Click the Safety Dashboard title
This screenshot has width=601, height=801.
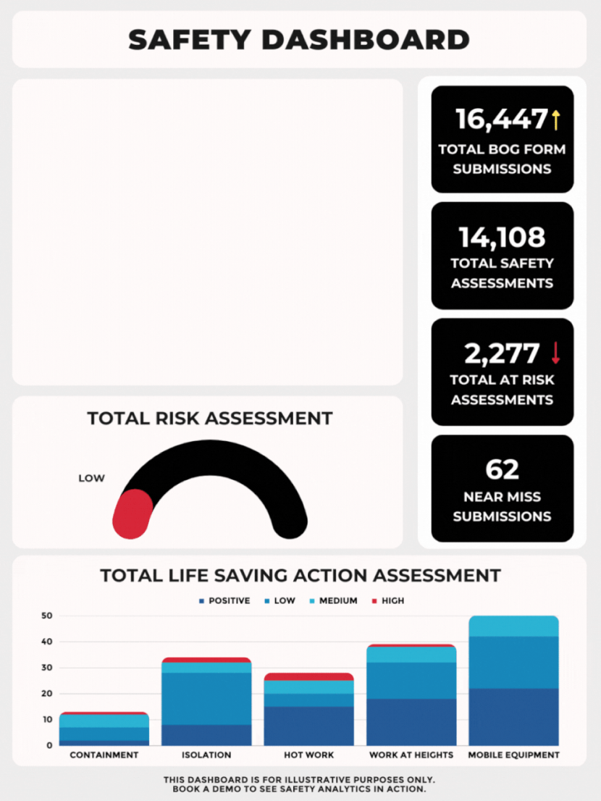(x=299, y=40)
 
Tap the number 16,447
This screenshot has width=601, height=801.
(x=501, y=119)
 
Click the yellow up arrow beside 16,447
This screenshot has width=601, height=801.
(x=556, y=119)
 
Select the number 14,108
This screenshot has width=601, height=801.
(x=502, y=237)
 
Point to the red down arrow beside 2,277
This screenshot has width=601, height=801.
(x=555, y=353)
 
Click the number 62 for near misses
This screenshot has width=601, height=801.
(x=502, y=469)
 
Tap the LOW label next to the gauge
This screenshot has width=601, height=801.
(x=91, y=478)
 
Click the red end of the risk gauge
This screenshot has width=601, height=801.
(x=133, y=513)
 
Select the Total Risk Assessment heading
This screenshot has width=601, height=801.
(x=209, y=419)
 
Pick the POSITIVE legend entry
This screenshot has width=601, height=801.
(x=224, y=600)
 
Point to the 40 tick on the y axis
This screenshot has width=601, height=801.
(x=47, y=642)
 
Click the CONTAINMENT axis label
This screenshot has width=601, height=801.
(x=104, y=755)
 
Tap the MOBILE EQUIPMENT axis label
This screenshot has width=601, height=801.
(x=514, y=755)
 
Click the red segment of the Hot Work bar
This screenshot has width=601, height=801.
(x=309, y=676)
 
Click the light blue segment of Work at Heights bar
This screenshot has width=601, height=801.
(x=411, y=655)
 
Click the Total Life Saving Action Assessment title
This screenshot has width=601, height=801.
(x=300, y=576)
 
